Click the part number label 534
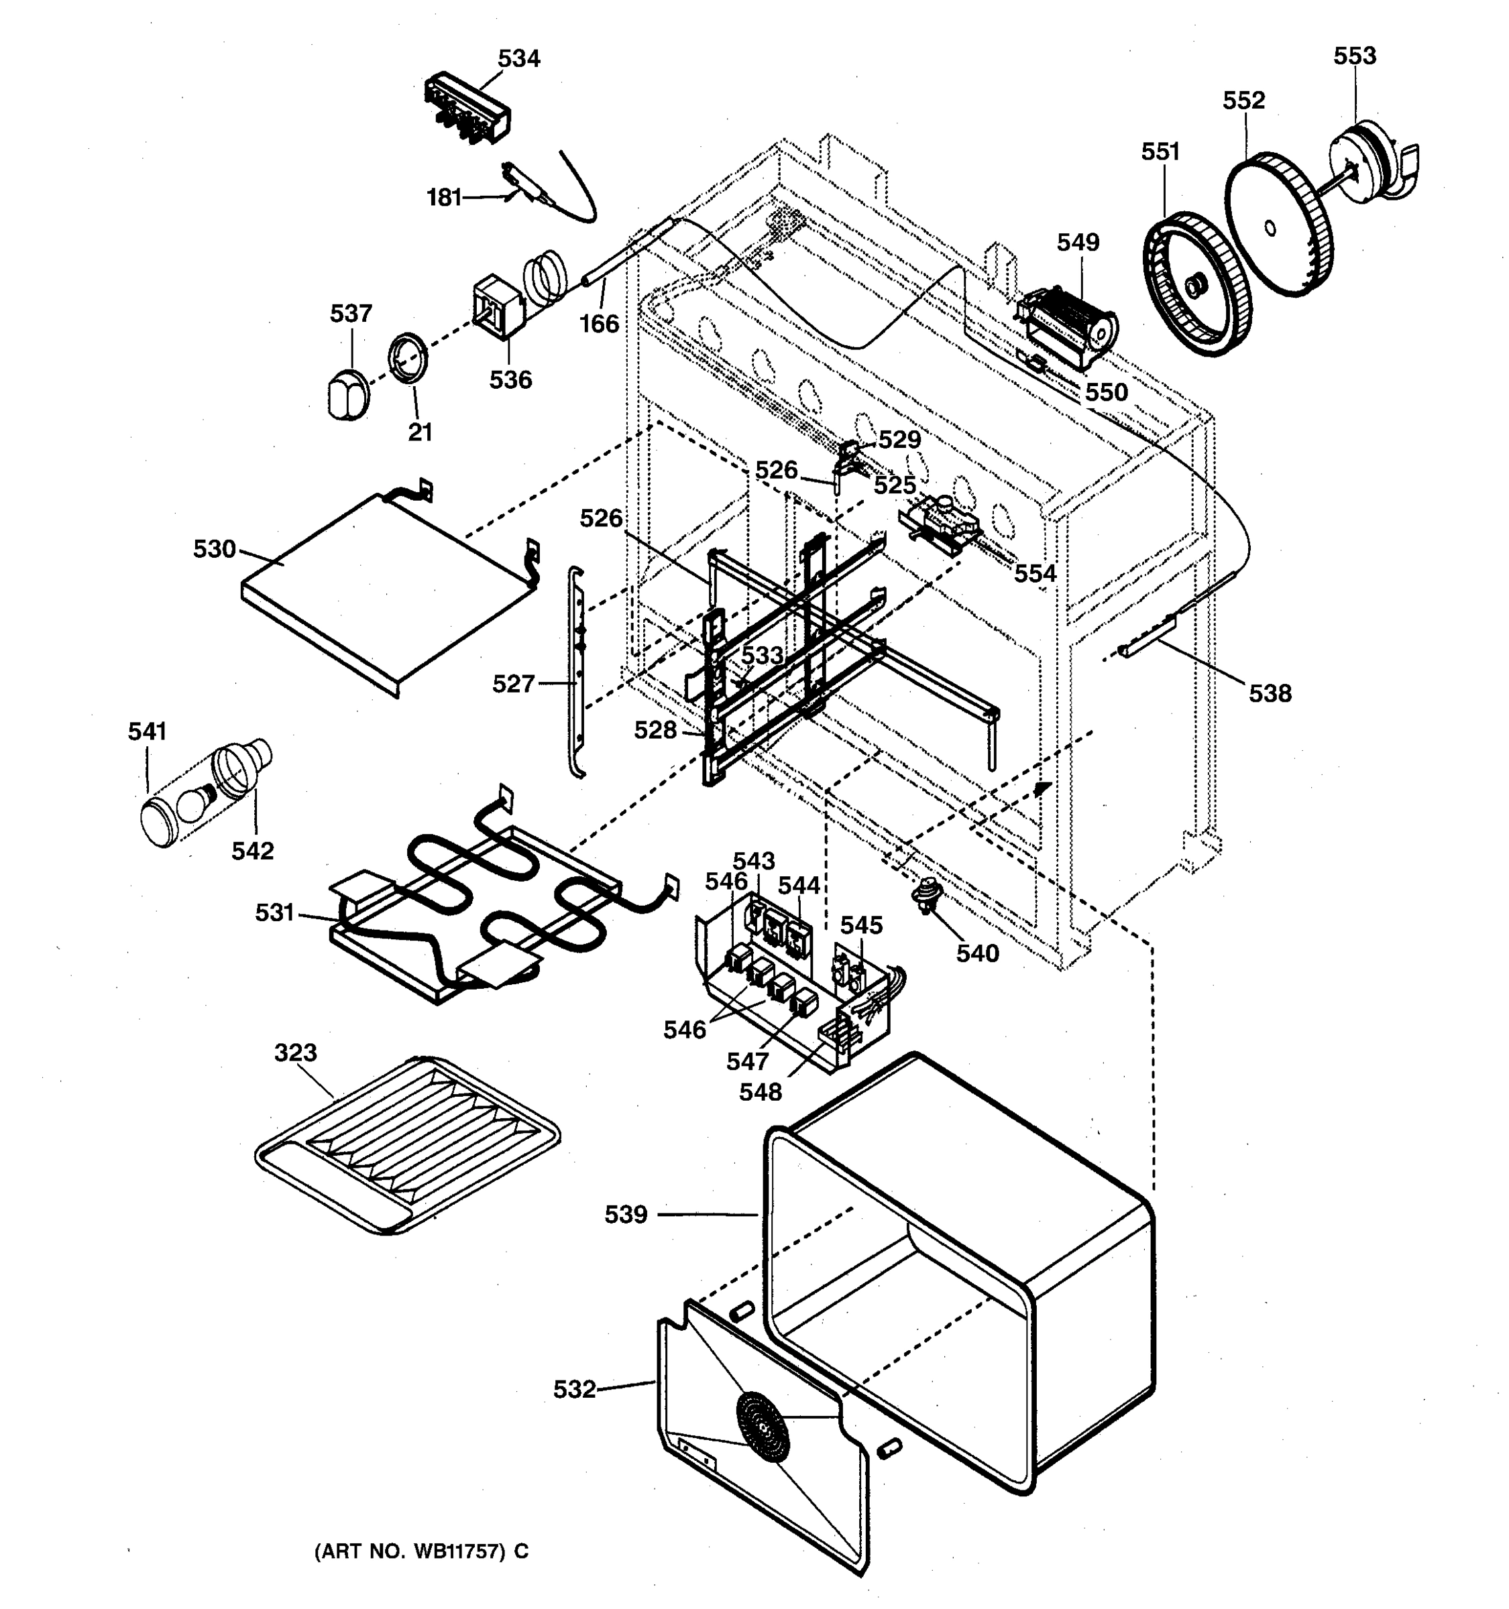[x=518, y=58]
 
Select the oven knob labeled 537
[x=348, y=394]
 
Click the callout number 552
[x=1243, y=101]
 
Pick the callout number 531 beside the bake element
[x=274, y=913]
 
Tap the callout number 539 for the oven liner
[x=626, y=1214]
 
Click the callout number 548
[x=760, y=1092]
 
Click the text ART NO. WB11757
[x=421, y=1551]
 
